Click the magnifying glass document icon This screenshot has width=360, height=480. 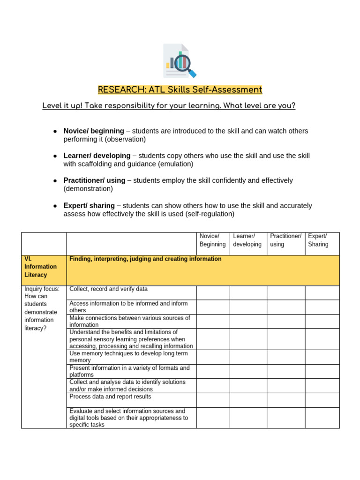pos(180,61)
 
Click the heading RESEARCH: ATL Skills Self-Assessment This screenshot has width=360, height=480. pos(180,90)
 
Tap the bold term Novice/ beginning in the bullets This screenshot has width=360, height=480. pos(94,131)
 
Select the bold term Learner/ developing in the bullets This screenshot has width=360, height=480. pos(97,156)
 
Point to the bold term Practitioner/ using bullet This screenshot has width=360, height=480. pos(94,180)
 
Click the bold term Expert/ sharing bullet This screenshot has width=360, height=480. pos(89,206)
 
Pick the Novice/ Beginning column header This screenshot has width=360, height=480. pos(212,240)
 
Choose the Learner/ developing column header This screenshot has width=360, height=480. pos(247,240)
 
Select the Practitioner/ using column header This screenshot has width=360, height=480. pos(285,240)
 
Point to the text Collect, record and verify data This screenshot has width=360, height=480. pos(108,289)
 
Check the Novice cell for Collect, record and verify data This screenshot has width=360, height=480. pos(213,292)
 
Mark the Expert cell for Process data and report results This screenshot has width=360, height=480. pos(322,400)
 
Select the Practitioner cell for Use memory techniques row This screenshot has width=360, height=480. pos(286,357)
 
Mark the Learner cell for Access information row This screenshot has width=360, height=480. pos(248,307)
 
